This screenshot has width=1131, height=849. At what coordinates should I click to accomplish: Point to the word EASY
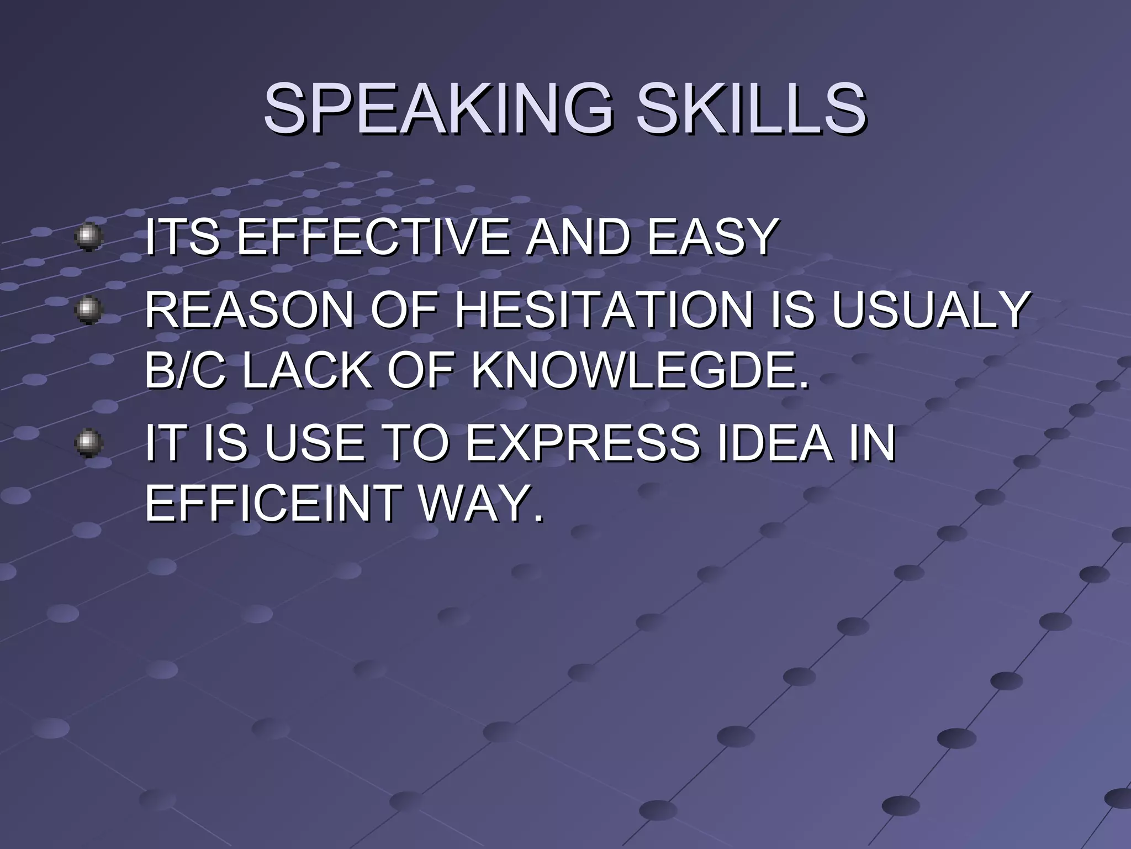[712, 238]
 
